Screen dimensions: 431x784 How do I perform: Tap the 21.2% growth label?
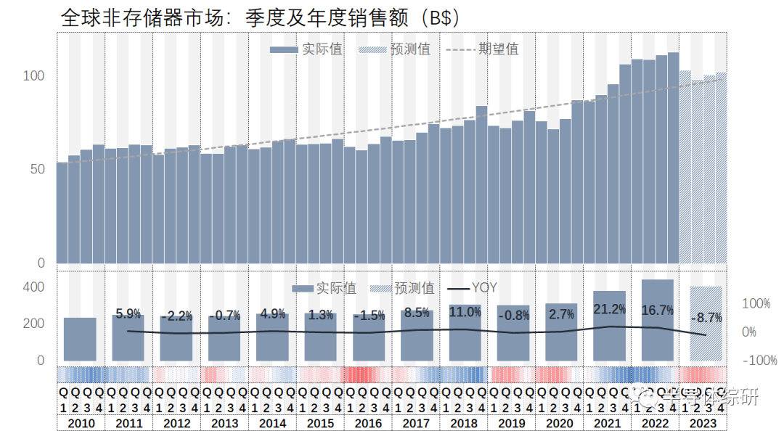tap(608, 310)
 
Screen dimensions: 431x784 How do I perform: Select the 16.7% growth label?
tap(657, 311)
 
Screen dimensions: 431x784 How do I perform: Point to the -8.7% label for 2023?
tap(705, 317)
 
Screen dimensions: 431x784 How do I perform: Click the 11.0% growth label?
tap(465, 313)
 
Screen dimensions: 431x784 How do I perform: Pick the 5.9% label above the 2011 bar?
tap(128, 314)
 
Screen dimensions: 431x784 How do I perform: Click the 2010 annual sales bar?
tap(80, 339)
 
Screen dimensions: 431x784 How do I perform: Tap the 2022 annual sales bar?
tap(657, 320)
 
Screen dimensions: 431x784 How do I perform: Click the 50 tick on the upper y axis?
tap(36, 169)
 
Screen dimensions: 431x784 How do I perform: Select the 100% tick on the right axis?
tap(756, 304)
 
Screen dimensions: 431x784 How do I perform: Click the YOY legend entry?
tap(472, 288)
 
